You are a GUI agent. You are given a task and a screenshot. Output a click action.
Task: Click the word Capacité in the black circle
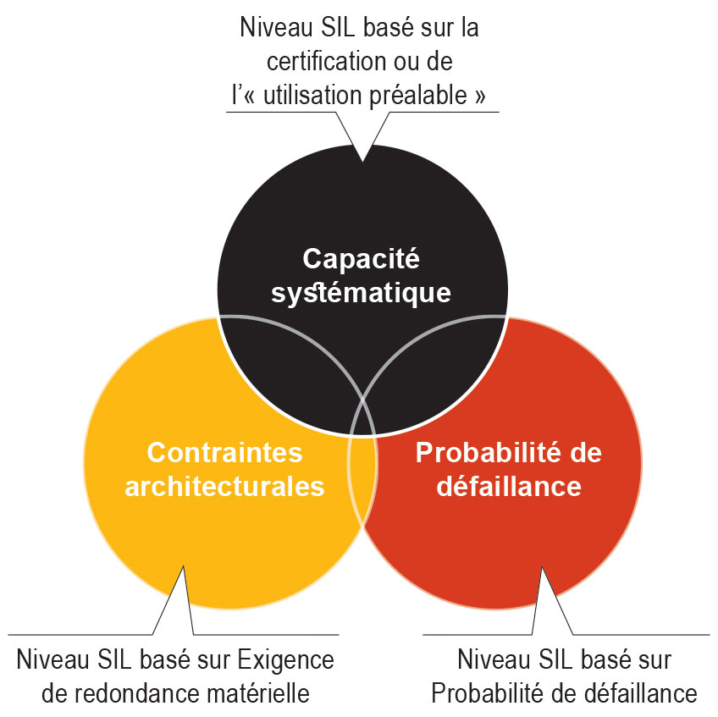pyautogui.click(x=361, y=259)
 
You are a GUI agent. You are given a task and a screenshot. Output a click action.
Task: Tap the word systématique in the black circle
pyautogui.click(x=361, y=294)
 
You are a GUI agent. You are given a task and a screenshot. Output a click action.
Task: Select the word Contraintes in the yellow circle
pyautogui.click(x=225, y=452)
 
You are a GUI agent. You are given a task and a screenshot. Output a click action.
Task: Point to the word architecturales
pyautogui.click(x=225, y=486)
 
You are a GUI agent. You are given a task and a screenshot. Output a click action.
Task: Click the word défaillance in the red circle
pyautogui.click(x=509, y=486)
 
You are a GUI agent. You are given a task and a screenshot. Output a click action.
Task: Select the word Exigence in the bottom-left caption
pyautogui.click(x=285, y=661)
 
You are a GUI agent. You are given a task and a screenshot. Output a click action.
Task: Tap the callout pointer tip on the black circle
pyautogui.click(x=362, y=161)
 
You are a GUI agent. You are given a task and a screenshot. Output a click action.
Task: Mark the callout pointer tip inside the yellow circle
pyautogui.click(x=184, y=567)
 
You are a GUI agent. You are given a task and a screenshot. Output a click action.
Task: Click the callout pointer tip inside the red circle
pyautogui.click(x=542, y=567)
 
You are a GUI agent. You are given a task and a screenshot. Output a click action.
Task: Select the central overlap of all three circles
pyautogui.click(x=362, y=417)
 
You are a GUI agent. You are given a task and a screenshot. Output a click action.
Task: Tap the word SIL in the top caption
pyautogui.click(x=338, y=27)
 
